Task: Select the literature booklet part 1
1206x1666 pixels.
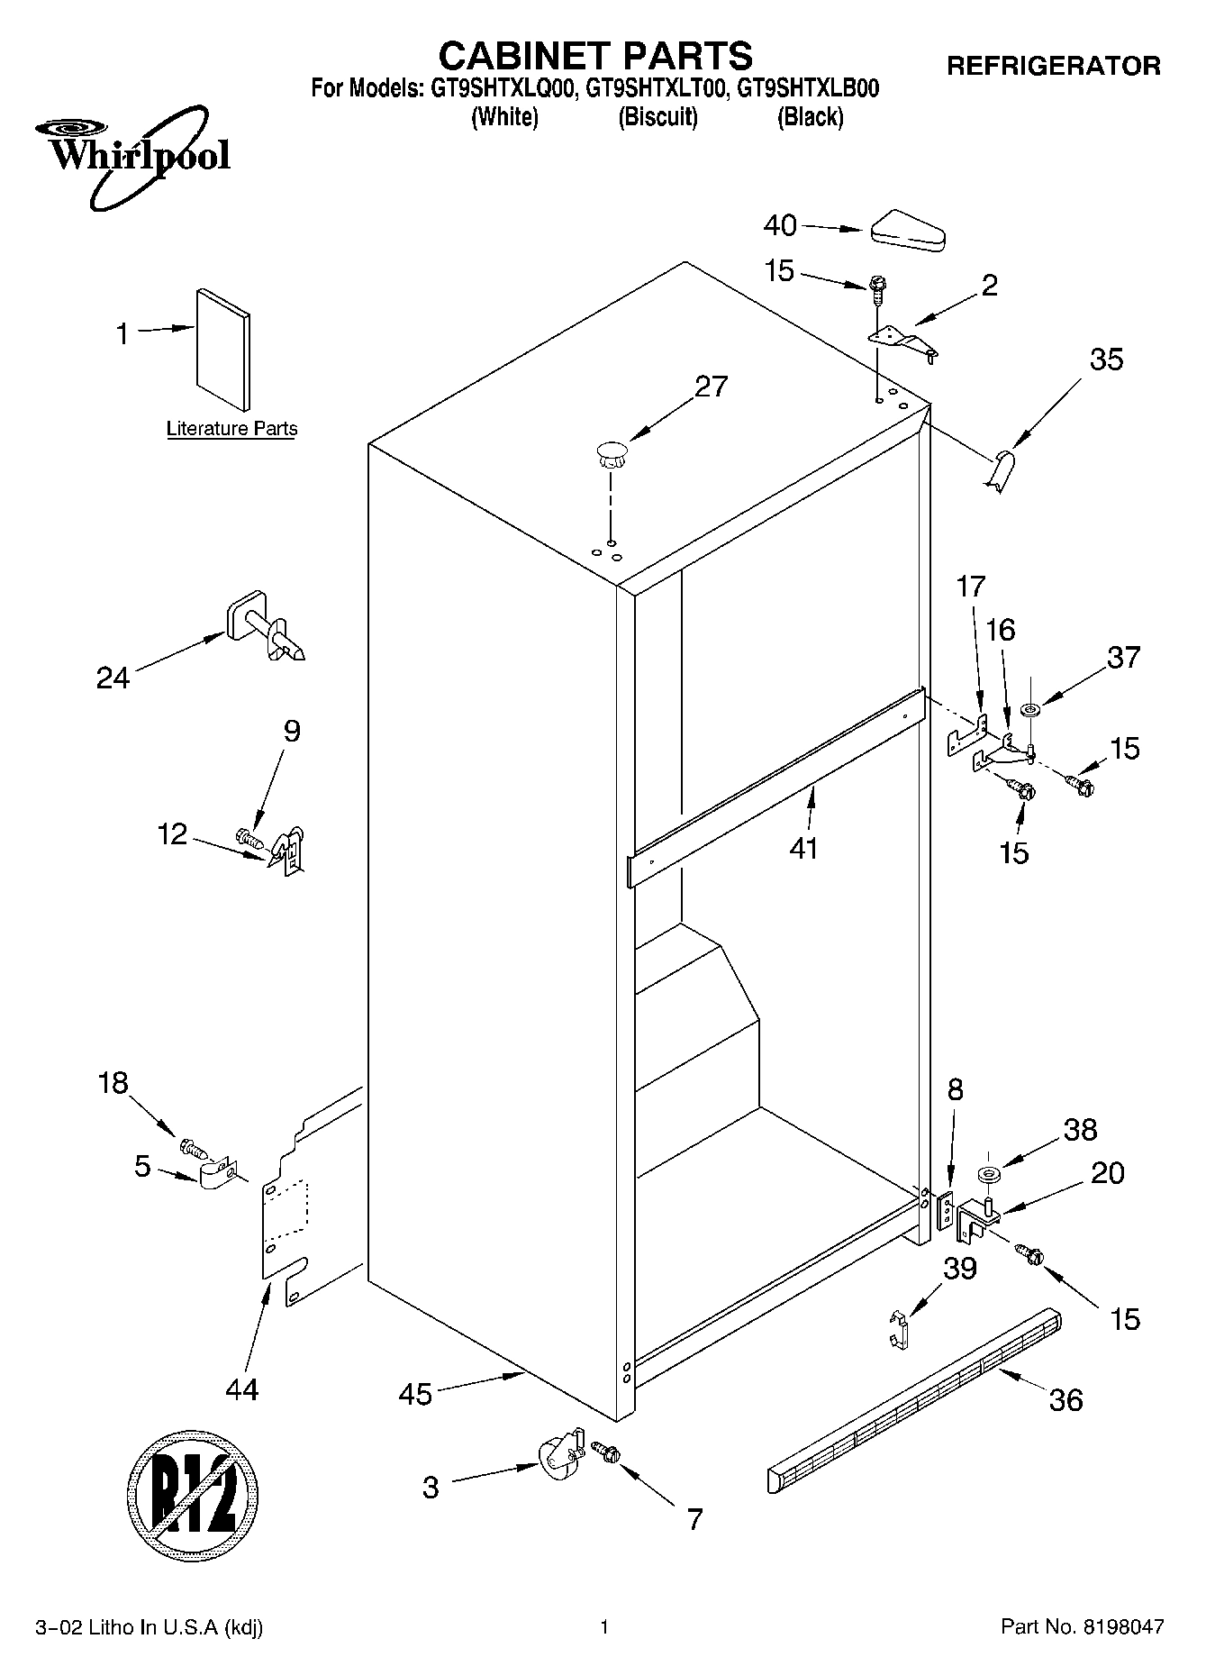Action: click(x=222, y=349)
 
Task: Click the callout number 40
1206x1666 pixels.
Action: click(x=780, y=225)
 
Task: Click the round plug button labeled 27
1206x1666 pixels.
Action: click(x=611, y=452)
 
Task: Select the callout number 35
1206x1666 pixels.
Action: click(x=1106, y=360)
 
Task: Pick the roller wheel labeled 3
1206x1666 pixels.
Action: click(x=558, y=1458)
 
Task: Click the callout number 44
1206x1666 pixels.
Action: click(x=241, y=1389)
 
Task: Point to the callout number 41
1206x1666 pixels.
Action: click(x=803, y=848)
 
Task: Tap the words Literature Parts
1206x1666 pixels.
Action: click(x=231, y=429)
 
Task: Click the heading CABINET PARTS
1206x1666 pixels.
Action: click(x=595, y=56)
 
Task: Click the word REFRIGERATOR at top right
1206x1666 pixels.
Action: click(x=1053, y=66)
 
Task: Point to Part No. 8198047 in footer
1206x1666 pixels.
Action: click(x=1083, y=1626)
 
